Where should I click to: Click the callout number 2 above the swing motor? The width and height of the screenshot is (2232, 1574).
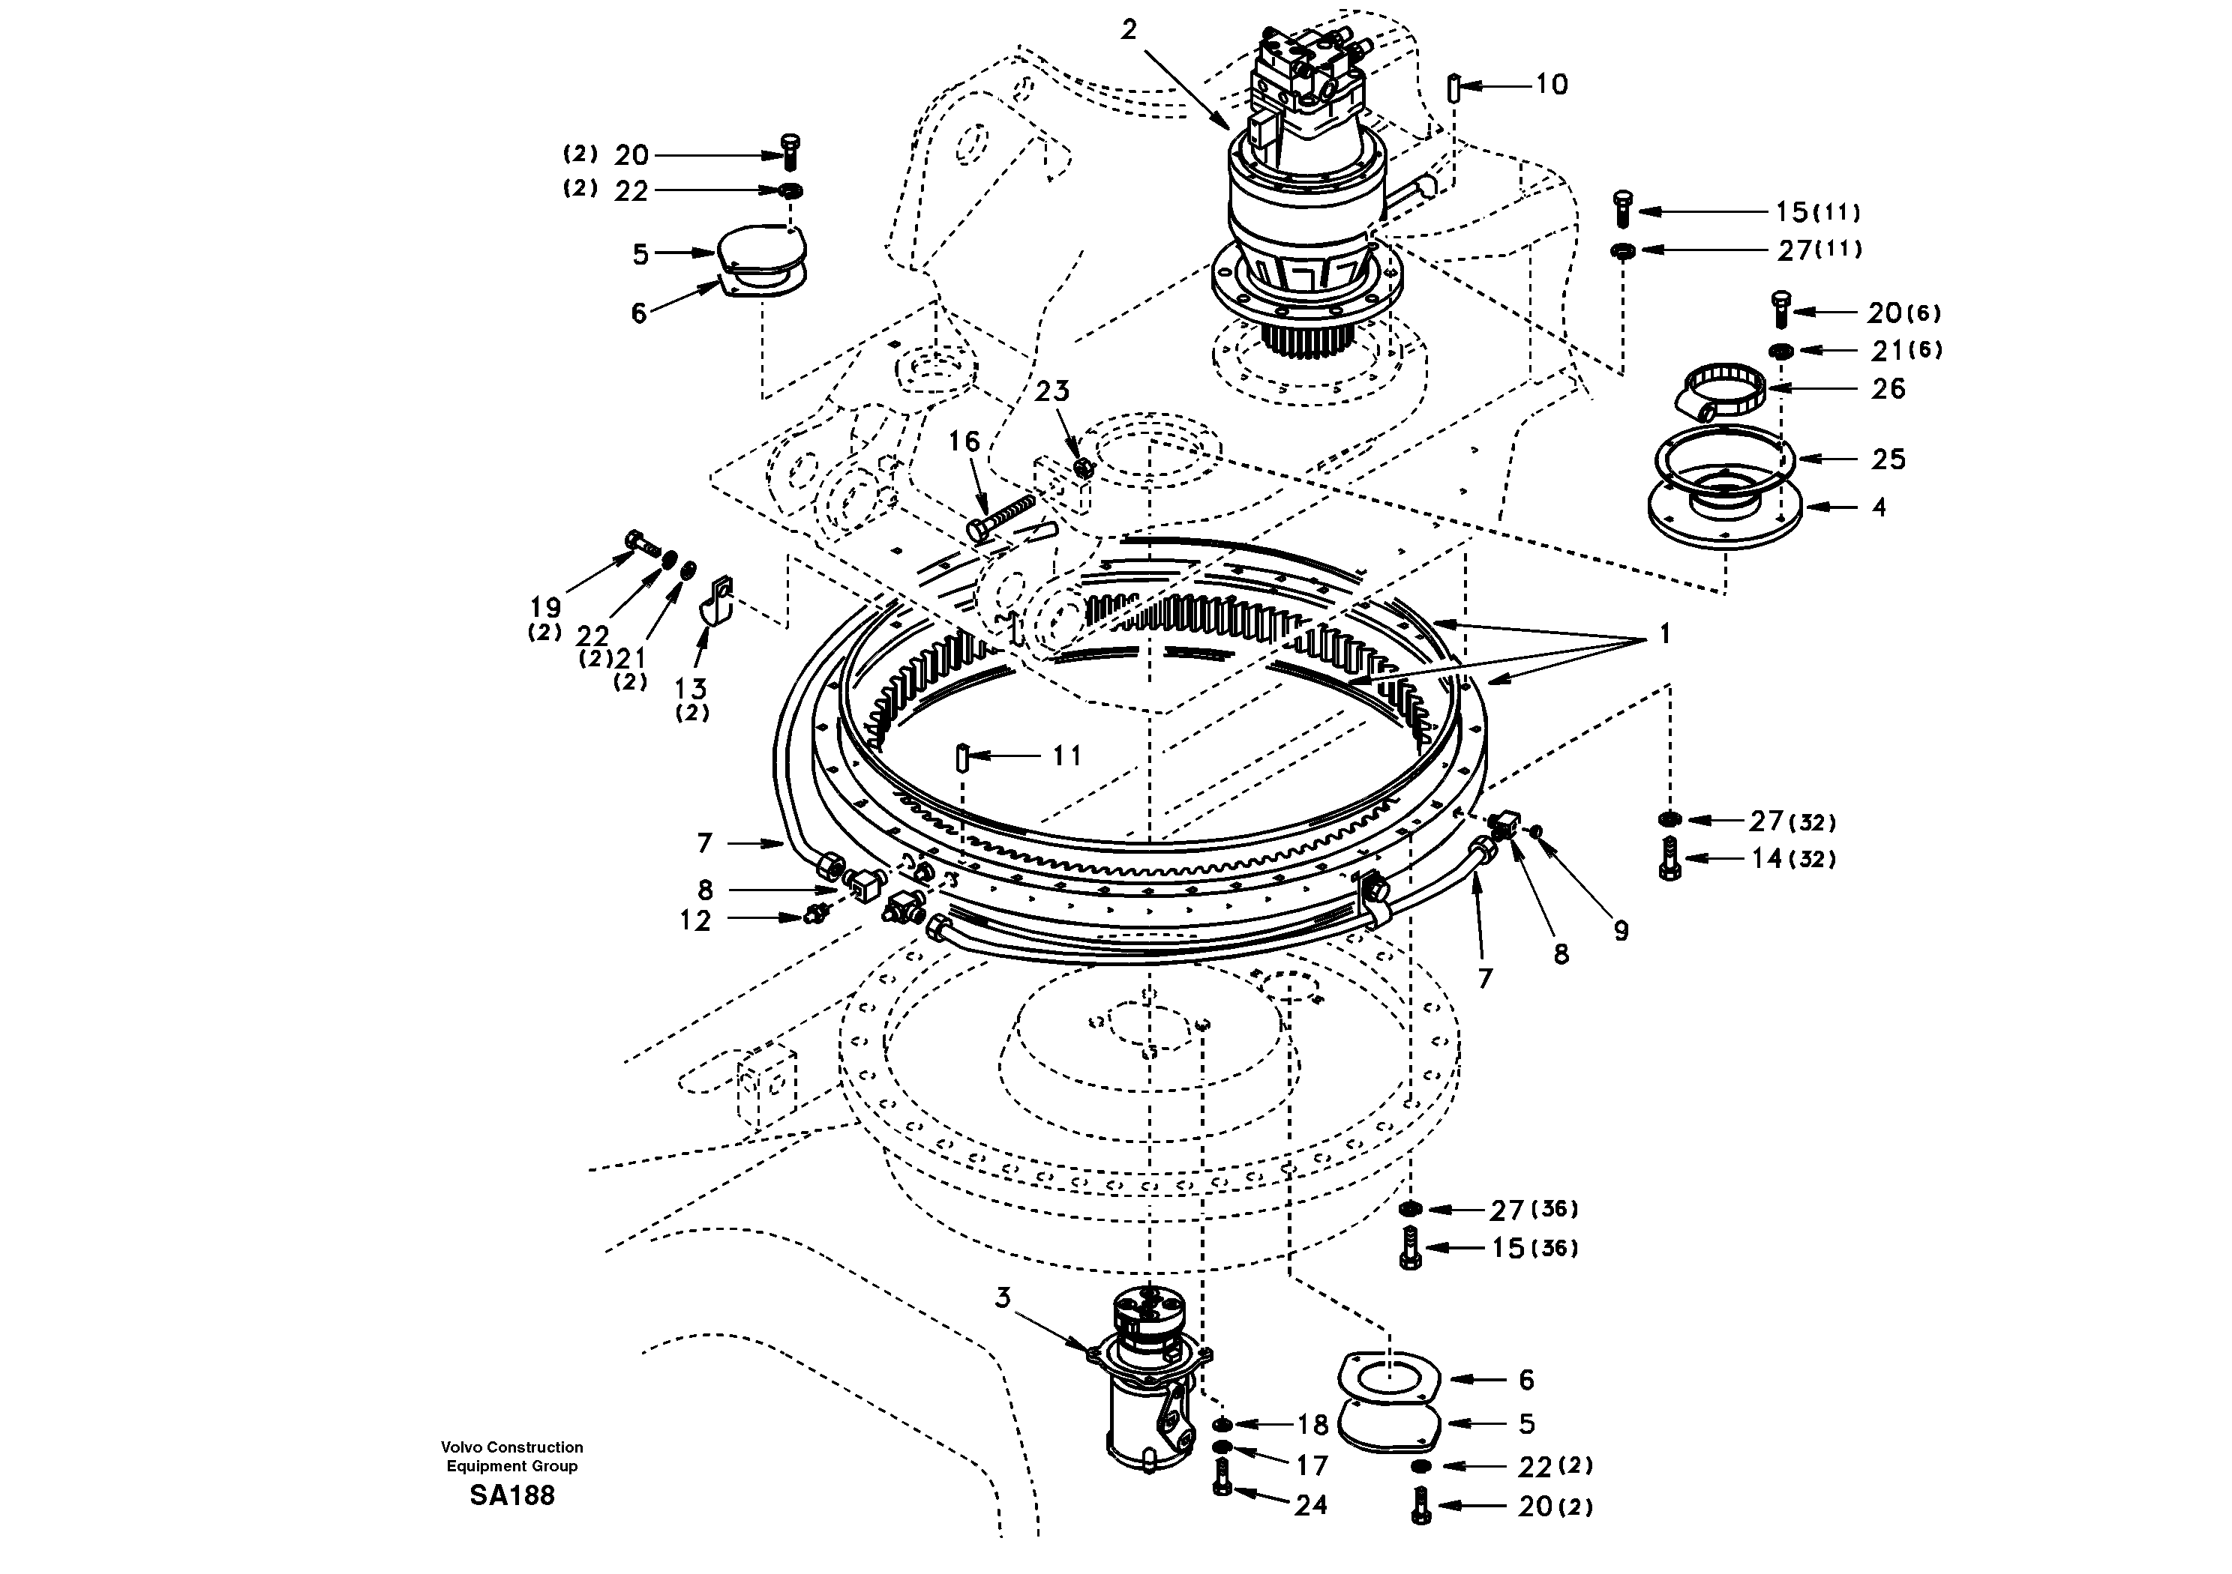click(1129, 30)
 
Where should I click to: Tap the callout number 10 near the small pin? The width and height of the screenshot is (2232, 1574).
click(1552, 85)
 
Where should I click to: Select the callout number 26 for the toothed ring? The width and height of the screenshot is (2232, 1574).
click(1888, 389)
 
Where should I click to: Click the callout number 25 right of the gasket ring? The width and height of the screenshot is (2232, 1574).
click(1888, 459)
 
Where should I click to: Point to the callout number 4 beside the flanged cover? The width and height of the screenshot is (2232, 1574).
click(1879, 507)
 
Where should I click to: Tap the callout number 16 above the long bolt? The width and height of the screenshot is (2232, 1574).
click(964, 442)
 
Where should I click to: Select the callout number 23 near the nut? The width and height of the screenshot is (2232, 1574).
click(1051, 391)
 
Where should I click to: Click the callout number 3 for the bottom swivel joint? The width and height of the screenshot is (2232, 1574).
click(1003, 1297)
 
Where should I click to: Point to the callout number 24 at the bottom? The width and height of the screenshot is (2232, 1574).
click(1310, 1505)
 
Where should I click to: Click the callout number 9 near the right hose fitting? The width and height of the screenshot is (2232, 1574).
click(1621, 931)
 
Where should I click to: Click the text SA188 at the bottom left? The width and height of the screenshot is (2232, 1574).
click(511, 1495)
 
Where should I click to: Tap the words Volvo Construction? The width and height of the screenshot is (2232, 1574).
click(511, 1447)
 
